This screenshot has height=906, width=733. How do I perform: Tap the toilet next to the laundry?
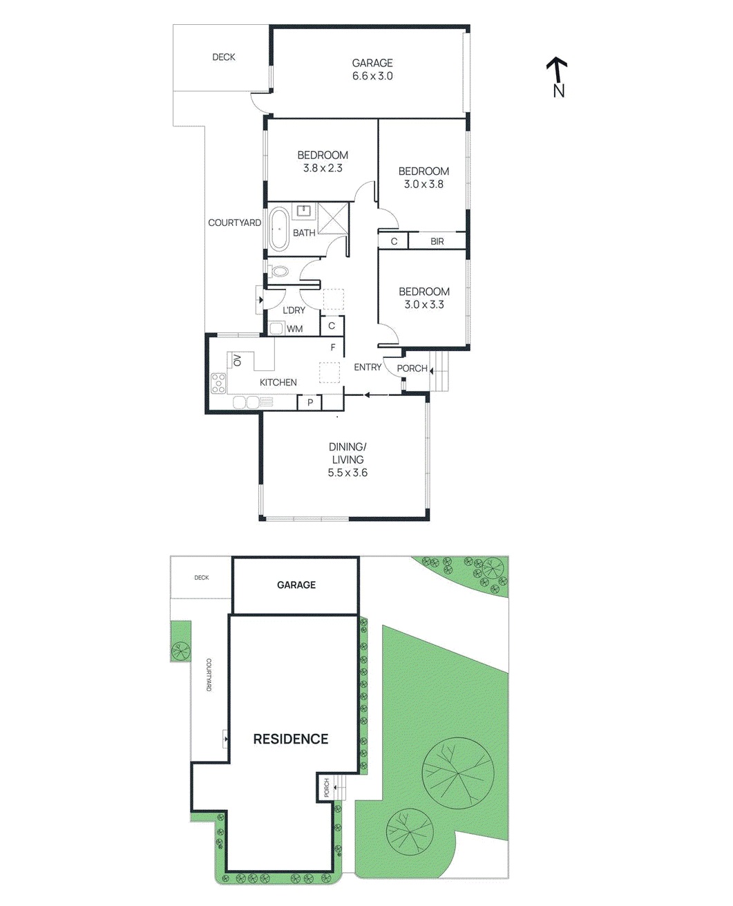(x=280, y=272)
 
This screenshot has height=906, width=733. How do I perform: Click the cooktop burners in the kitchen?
(x=218, y=383)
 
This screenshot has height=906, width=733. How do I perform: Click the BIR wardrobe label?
(x=437, y=241)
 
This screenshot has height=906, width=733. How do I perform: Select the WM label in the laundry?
(x=295, y=329)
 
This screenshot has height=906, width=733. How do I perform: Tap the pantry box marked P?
(x=310, y=402)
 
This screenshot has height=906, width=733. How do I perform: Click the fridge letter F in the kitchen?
(x=333, y=348)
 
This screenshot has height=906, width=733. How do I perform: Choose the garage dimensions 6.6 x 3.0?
(x=372, y=76)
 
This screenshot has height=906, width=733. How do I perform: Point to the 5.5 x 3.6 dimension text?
(x=348, y=473)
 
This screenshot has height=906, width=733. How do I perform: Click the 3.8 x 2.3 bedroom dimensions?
(x=323, y=168)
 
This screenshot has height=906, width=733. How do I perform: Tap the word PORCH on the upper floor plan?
(x=412, y=368)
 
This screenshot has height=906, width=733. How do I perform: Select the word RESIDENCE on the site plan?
(x=291, y=739)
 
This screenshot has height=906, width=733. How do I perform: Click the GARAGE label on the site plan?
(x=296, y=585)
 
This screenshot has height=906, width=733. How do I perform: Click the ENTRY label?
(x=368, y=367)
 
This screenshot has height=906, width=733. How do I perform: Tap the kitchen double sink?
(x=245, y=402)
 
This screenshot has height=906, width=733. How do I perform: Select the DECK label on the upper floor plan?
(x=224, y=57)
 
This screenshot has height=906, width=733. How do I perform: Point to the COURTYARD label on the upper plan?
(x=235, y=223)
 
